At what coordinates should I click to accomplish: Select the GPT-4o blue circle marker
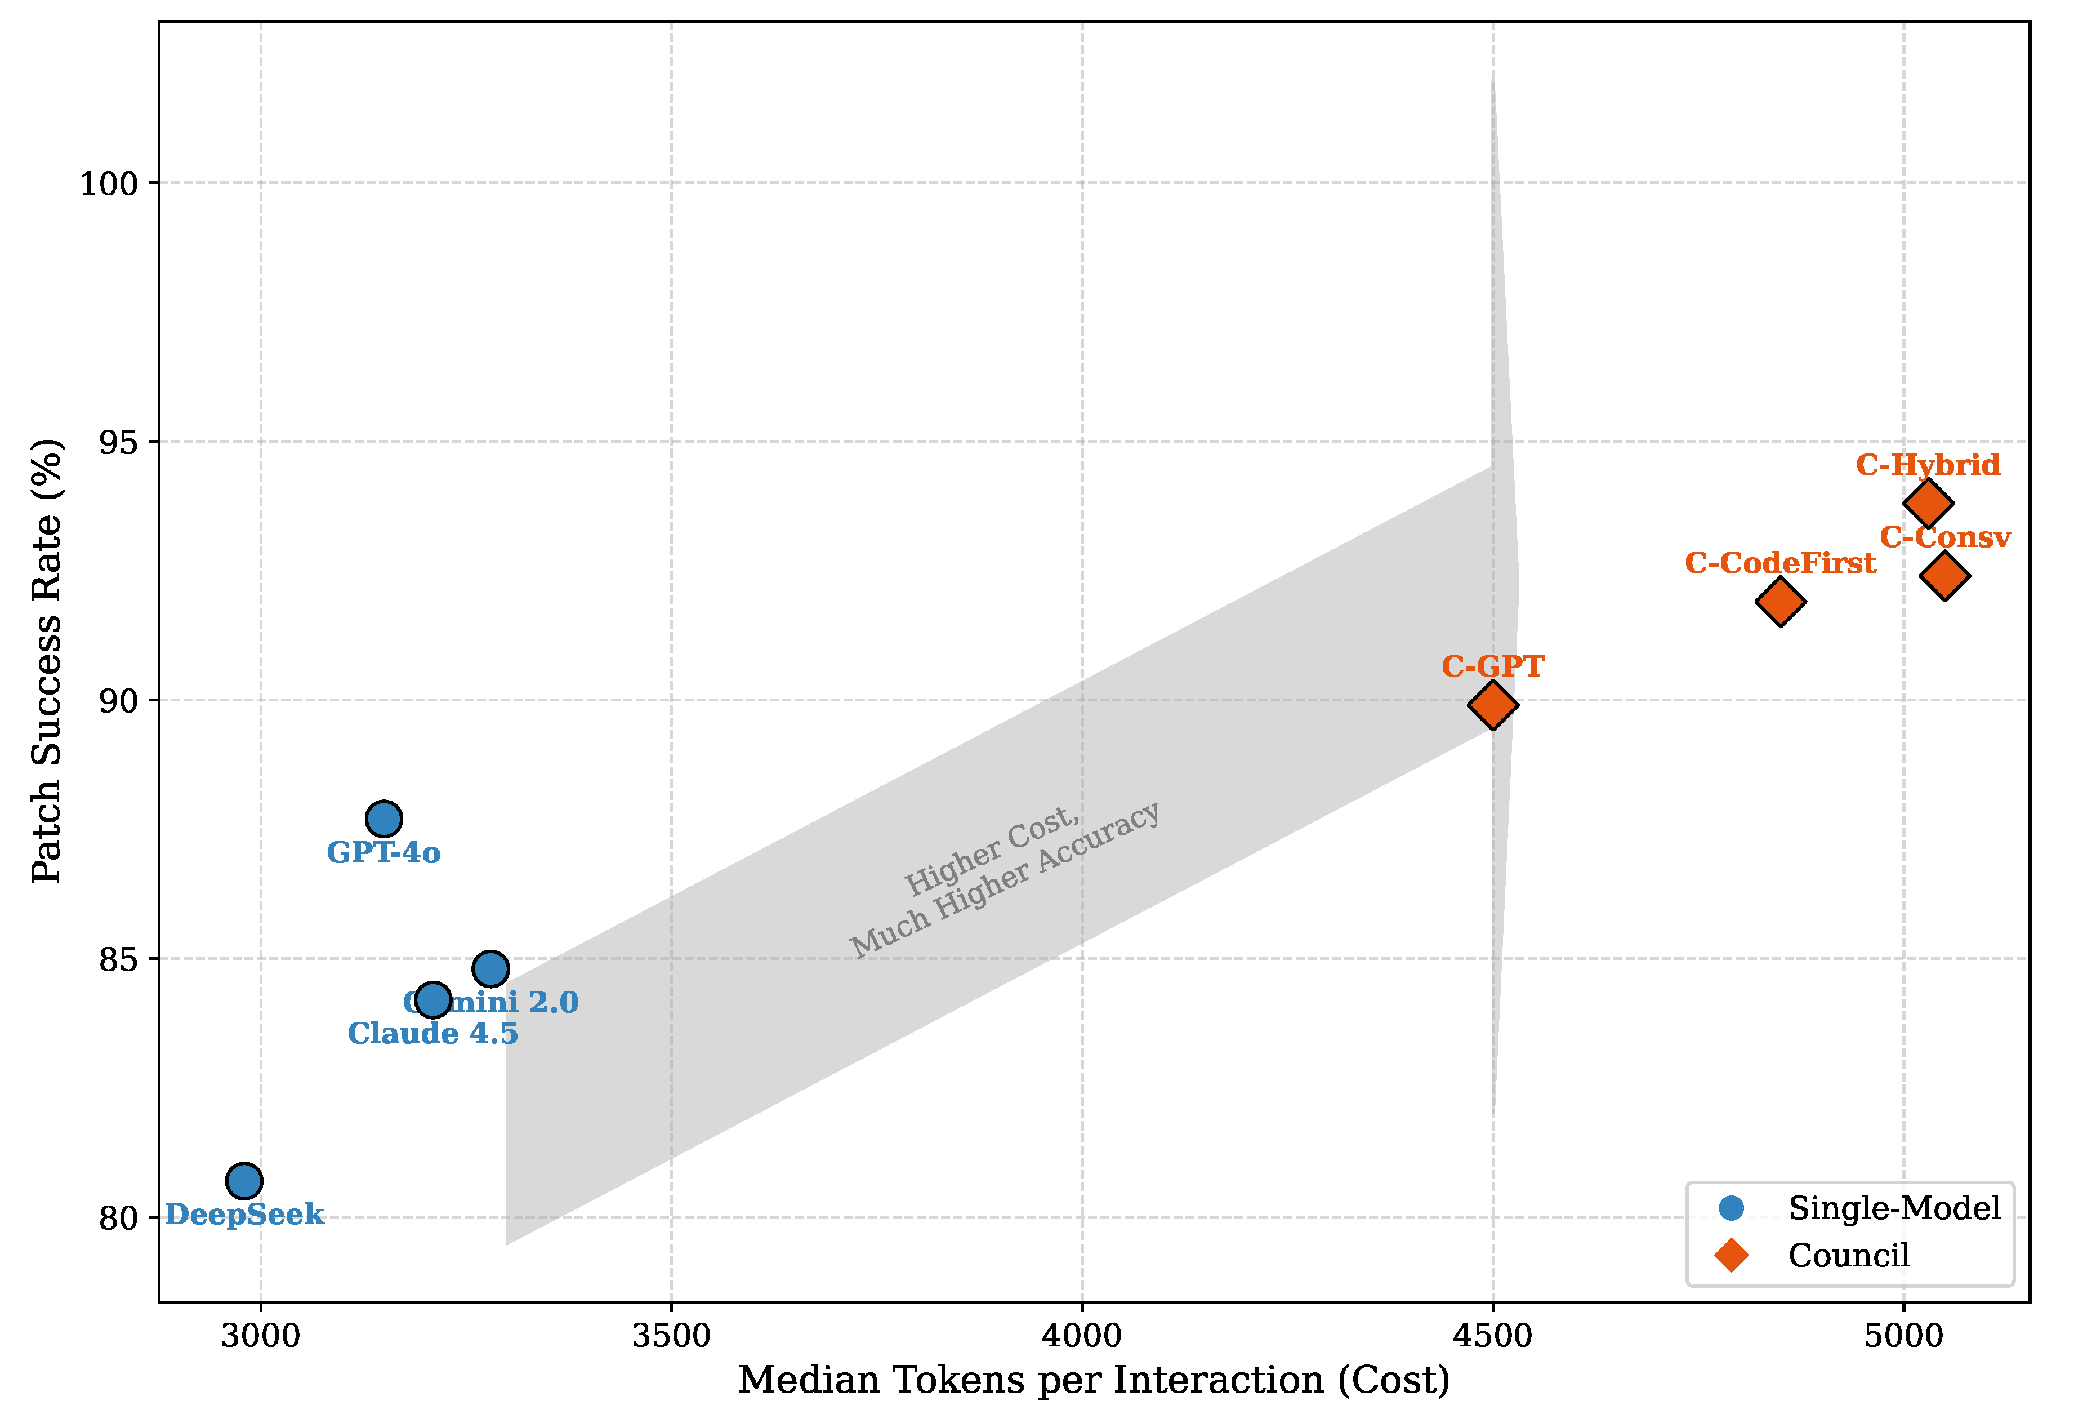[383, 819]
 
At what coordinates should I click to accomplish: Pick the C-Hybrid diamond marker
[1928, 504]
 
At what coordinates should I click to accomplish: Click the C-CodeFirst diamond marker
[1781, 602]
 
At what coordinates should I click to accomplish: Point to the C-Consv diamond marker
[1944, 576]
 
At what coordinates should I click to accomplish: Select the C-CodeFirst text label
[1781, 563]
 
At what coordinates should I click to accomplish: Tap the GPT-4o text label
[383, 852]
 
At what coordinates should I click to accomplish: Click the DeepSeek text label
[244, 1215]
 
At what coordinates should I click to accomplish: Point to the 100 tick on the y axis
[110, 184]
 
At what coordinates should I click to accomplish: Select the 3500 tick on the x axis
[671, 1336]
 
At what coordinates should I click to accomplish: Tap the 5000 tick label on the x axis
[1903, 1336]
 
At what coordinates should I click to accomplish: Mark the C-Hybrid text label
[1928, 465]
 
